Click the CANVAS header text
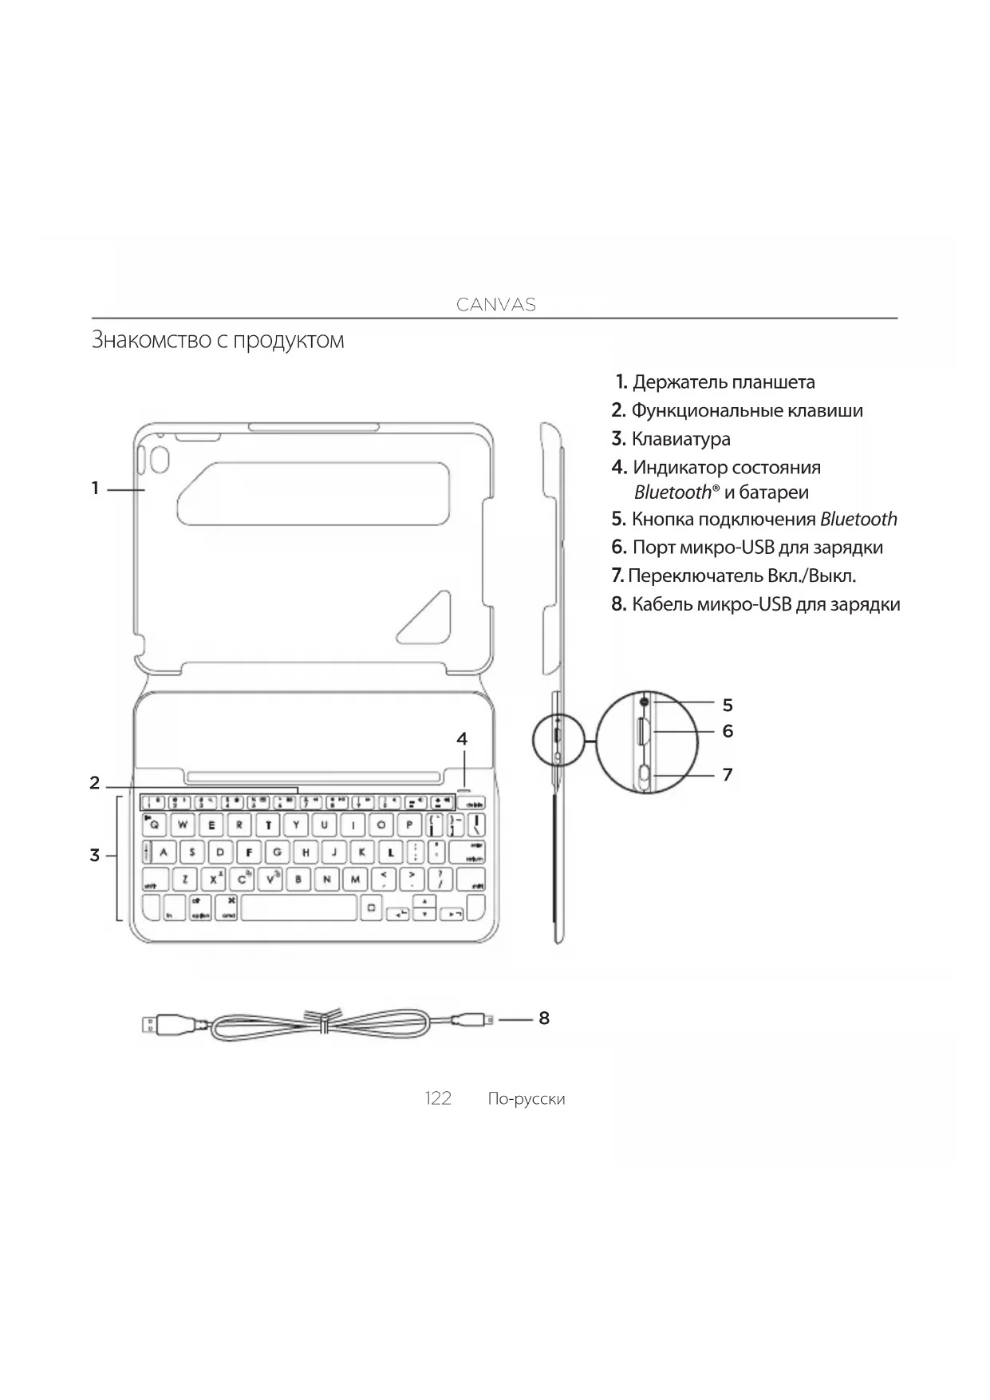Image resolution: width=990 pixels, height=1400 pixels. pos(495,304)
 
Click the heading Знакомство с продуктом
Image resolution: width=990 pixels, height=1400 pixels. pos(218,340)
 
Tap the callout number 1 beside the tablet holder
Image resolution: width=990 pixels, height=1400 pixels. pos(95,488)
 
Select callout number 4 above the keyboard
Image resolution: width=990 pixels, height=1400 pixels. pos(462,739)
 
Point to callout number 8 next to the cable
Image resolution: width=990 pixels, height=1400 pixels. pos(544,1018)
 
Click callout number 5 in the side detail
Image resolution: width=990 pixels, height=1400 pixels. pos(727,705)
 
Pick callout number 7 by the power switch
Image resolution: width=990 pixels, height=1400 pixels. pos(727,774)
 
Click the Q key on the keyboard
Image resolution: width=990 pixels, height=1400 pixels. pos(155,825)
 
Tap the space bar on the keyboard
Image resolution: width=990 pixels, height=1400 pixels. pos(298,908)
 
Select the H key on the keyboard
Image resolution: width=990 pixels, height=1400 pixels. pos(305,852)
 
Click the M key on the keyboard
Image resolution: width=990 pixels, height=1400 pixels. pos(355,880)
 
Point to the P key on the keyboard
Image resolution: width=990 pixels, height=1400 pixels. pos(409,825)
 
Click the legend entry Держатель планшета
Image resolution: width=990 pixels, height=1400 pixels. pos(723,382)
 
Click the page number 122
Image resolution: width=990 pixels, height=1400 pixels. pos(438,1098)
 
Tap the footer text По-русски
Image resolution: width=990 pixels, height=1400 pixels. pos(526,1099)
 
